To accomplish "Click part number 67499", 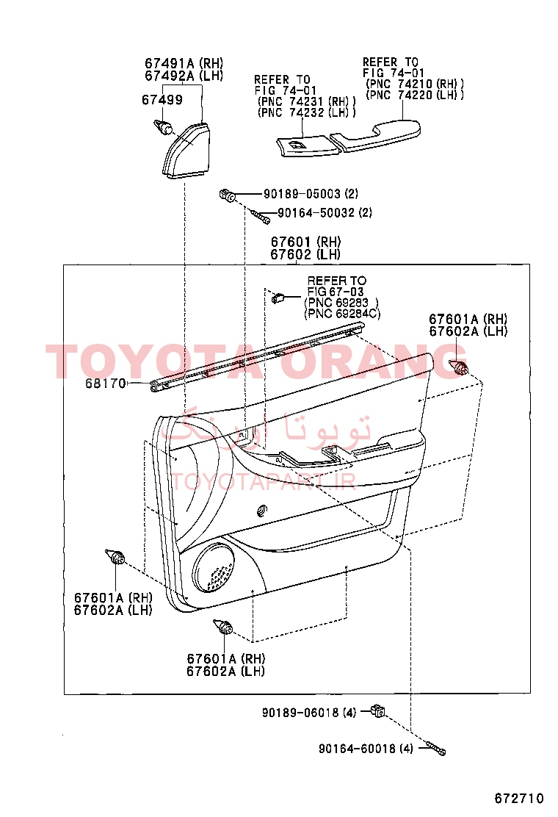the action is (x=162, y=99).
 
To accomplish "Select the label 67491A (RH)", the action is (x=184, y=63).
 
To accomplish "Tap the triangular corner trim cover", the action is (x=186, y=150).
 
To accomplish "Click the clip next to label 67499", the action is (x=163, y=126).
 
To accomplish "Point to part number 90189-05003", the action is (x=302, y=194).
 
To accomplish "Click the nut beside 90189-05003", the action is (x=228, y=196).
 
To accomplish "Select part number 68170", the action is (x=106, y=384).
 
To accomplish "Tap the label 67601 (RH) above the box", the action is (x=305, y=242).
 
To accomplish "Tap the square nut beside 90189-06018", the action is (x=378, y=710).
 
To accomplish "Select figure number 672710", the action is (x=519, y=798).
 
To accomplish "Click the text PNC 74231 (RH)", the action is (x=307, y=101).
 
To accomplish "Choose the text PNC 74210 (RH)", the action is (x=415, y=84).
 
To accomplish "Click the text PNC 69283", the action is (x=338, y=303).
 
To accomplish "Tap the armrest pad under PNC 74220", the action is (x=375, y=135).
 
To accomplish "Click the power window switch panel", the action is (x=308, y=146).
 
